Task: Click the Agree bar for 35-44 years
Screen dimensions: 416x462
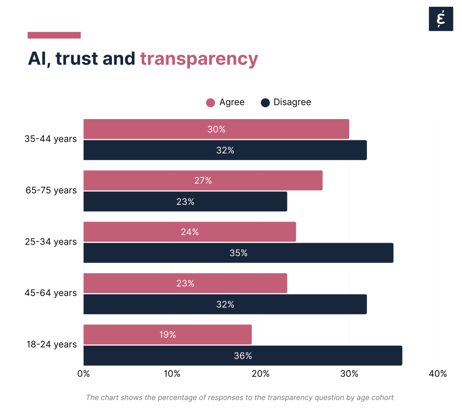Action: point(216,129)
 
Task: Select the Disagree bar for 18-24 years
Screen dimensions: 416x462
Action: point(243,356)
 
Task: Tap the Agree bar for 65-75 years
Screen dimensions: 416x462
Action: point(203,180)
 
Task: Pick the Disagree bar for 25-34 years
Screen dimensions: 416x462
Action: point(238,253)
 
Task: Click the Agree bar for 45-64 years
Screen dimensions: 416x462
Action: point(185,283)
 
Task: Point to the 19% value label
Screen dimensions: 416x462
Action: point(167,335)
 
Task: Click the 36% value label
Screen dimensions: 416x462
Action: point(243,356)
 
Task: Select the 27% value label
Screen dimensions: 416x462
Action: point(203,181)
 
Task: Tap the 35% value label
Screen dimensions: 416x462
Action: point(238,253)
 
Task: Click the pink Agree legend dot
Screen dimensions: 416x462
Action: point(210,102)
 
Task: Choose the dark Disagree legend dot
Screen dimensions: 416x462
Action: point(265,102)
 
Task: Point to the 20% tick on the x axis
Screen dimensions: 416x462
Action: point(260,374)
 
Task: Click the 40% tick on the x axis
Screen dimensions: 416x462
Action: point(438,374)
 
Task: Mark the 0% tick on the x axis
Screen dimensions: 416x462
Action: point(83,374)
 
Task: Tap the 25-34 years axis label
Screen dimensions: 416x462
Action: point(51,242)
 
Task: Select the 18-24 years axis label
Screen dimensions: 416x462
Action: point(51,344)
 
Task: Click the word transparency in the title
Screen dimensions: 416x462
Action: point(199,59)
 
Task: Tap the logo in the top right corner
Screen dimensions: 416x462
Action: point(441,19)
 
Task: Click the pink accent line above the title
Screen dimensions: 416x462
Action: point(54,35)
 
